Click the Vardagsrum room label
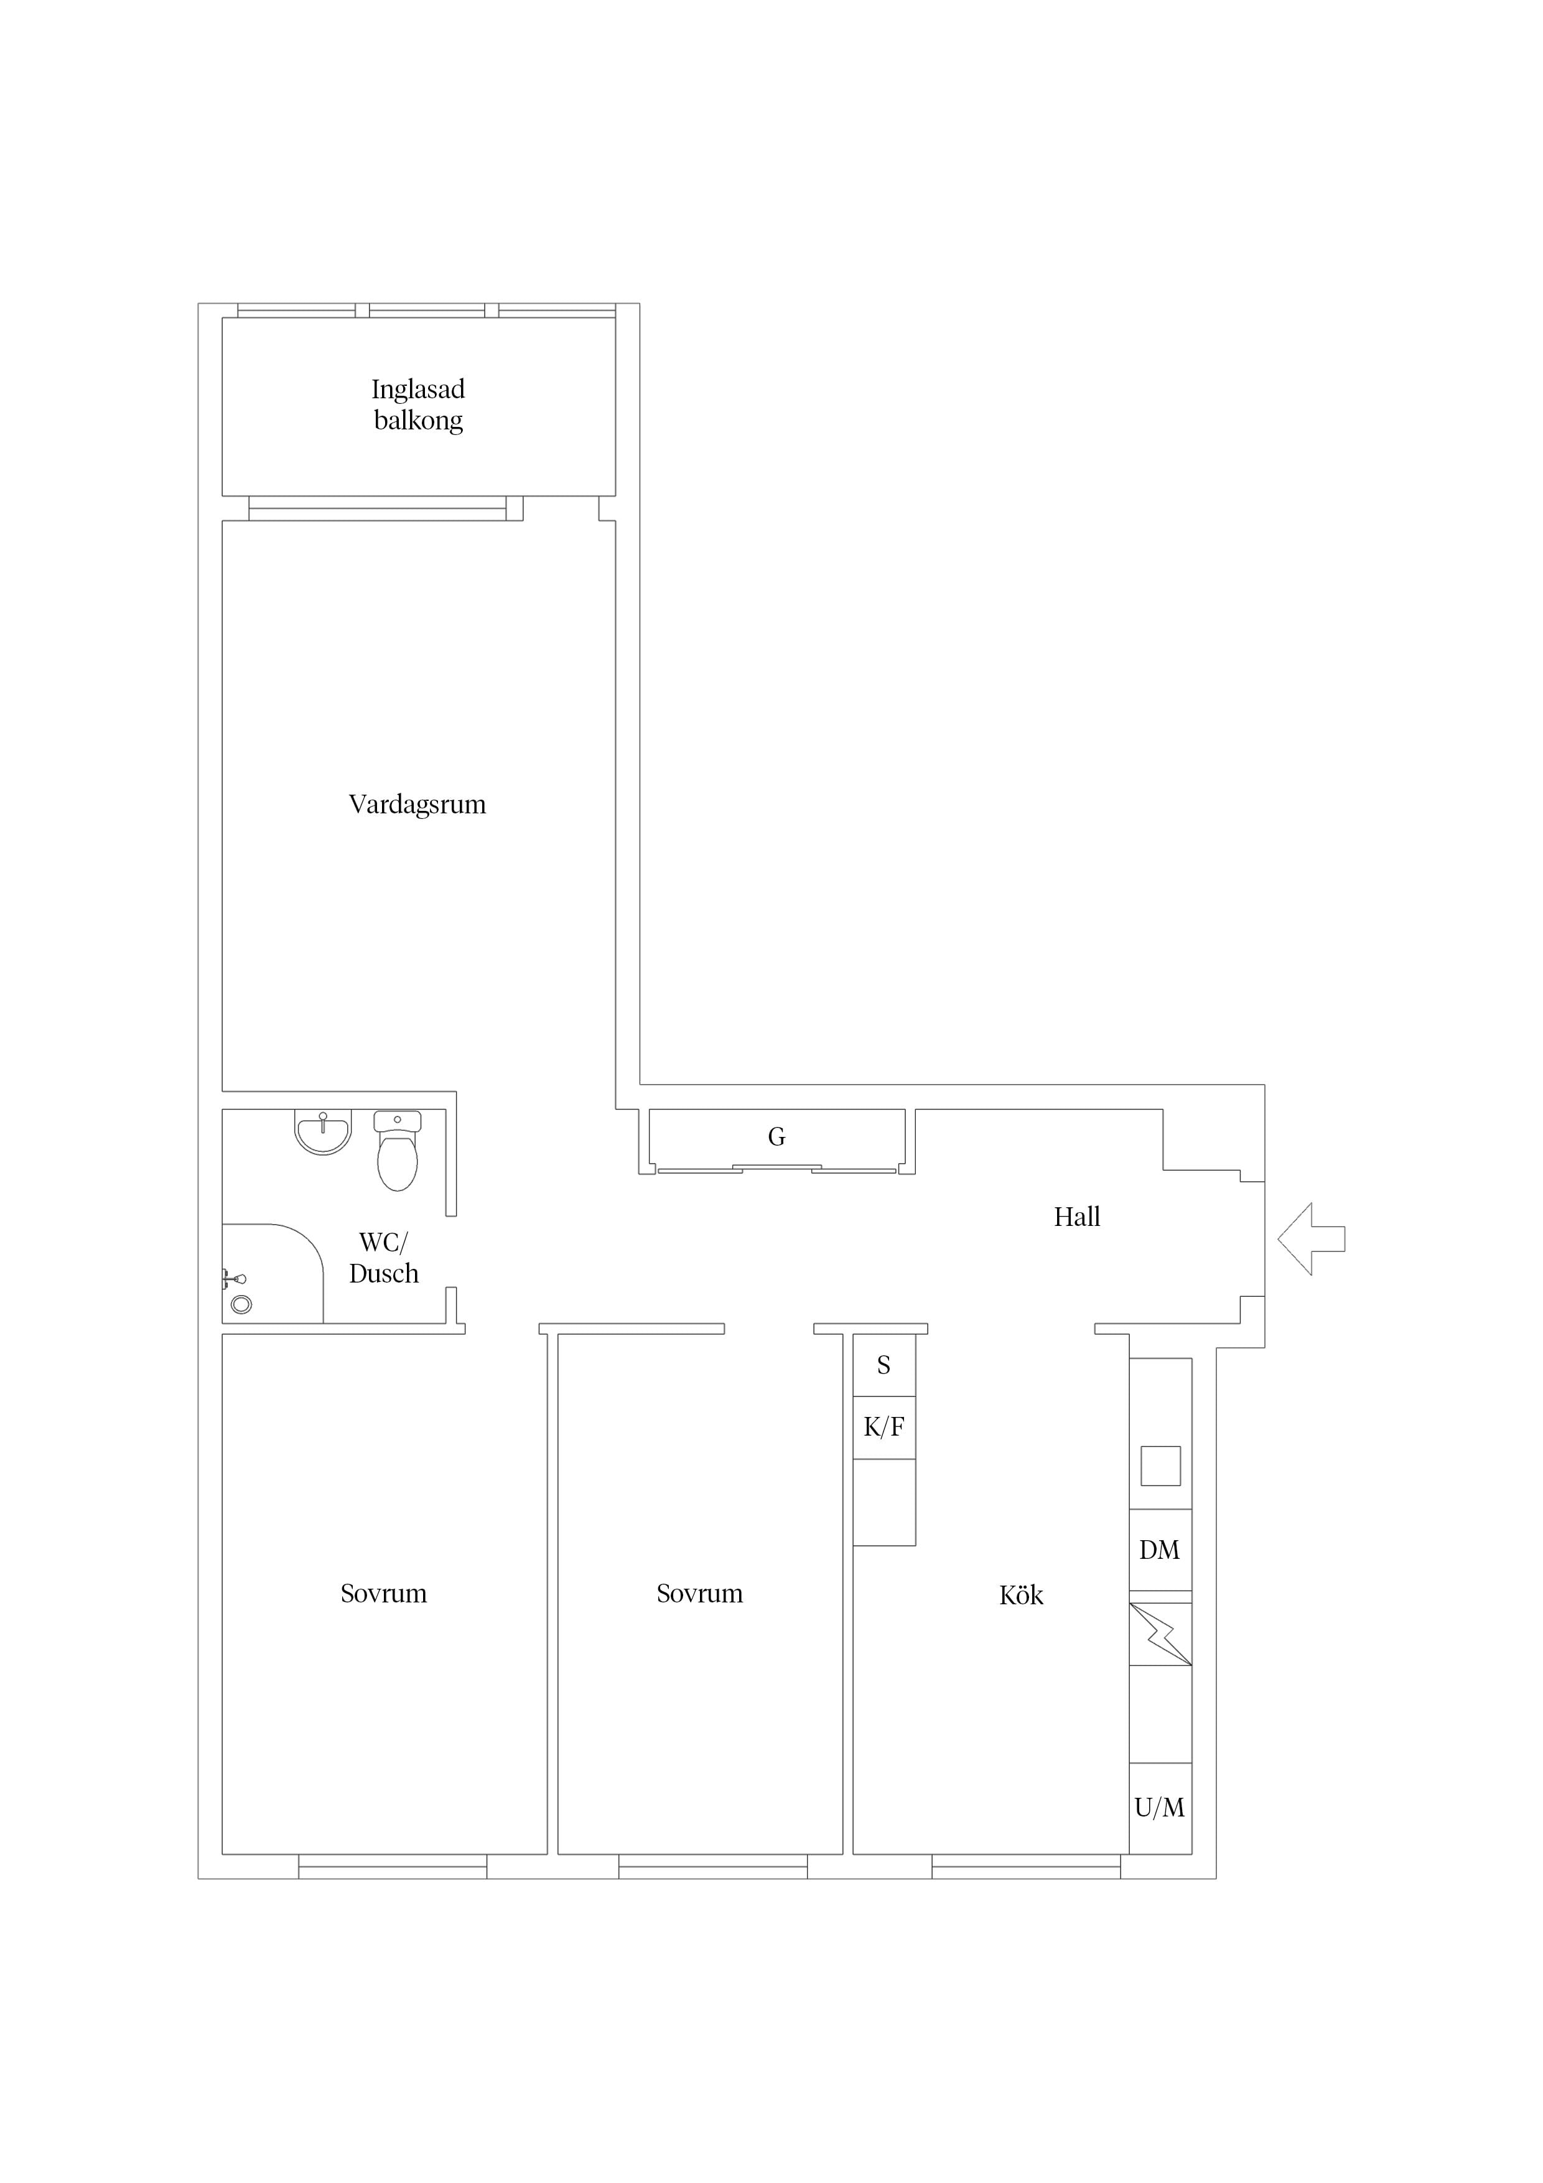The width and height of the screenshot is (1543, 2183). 417,805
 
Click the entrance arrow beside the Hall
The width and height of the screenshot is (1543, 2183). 1311,1239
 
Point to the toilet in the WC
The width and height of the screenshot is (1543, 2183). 398,1151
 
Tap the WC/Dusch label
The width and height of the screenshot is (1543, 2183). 383,1258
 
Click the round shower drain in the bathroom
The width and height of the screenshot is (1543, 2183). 241,1304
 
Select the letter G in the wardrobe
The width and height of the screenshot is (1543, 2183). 776,1136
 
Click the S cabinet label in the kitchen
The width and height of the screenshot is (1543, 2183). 884,1365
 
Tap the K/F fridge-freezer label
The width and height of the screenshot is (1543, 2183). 884,1426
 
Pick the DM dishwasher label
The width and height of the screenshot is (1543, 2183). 1160,1550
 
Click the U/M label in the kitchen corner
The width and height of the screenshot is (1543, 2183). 1160,1807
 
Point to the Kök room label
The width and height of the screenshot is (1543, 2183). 1021,1596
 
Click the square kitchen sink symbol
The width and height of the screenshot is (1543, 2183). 1161,1466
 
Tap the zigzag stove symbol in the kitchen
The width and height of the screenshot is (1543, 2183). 1161,1634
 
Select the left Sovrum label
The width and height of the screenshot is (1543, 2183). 384,1594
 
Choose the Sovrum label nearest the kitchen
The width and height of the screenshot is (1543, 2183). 700,1594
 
